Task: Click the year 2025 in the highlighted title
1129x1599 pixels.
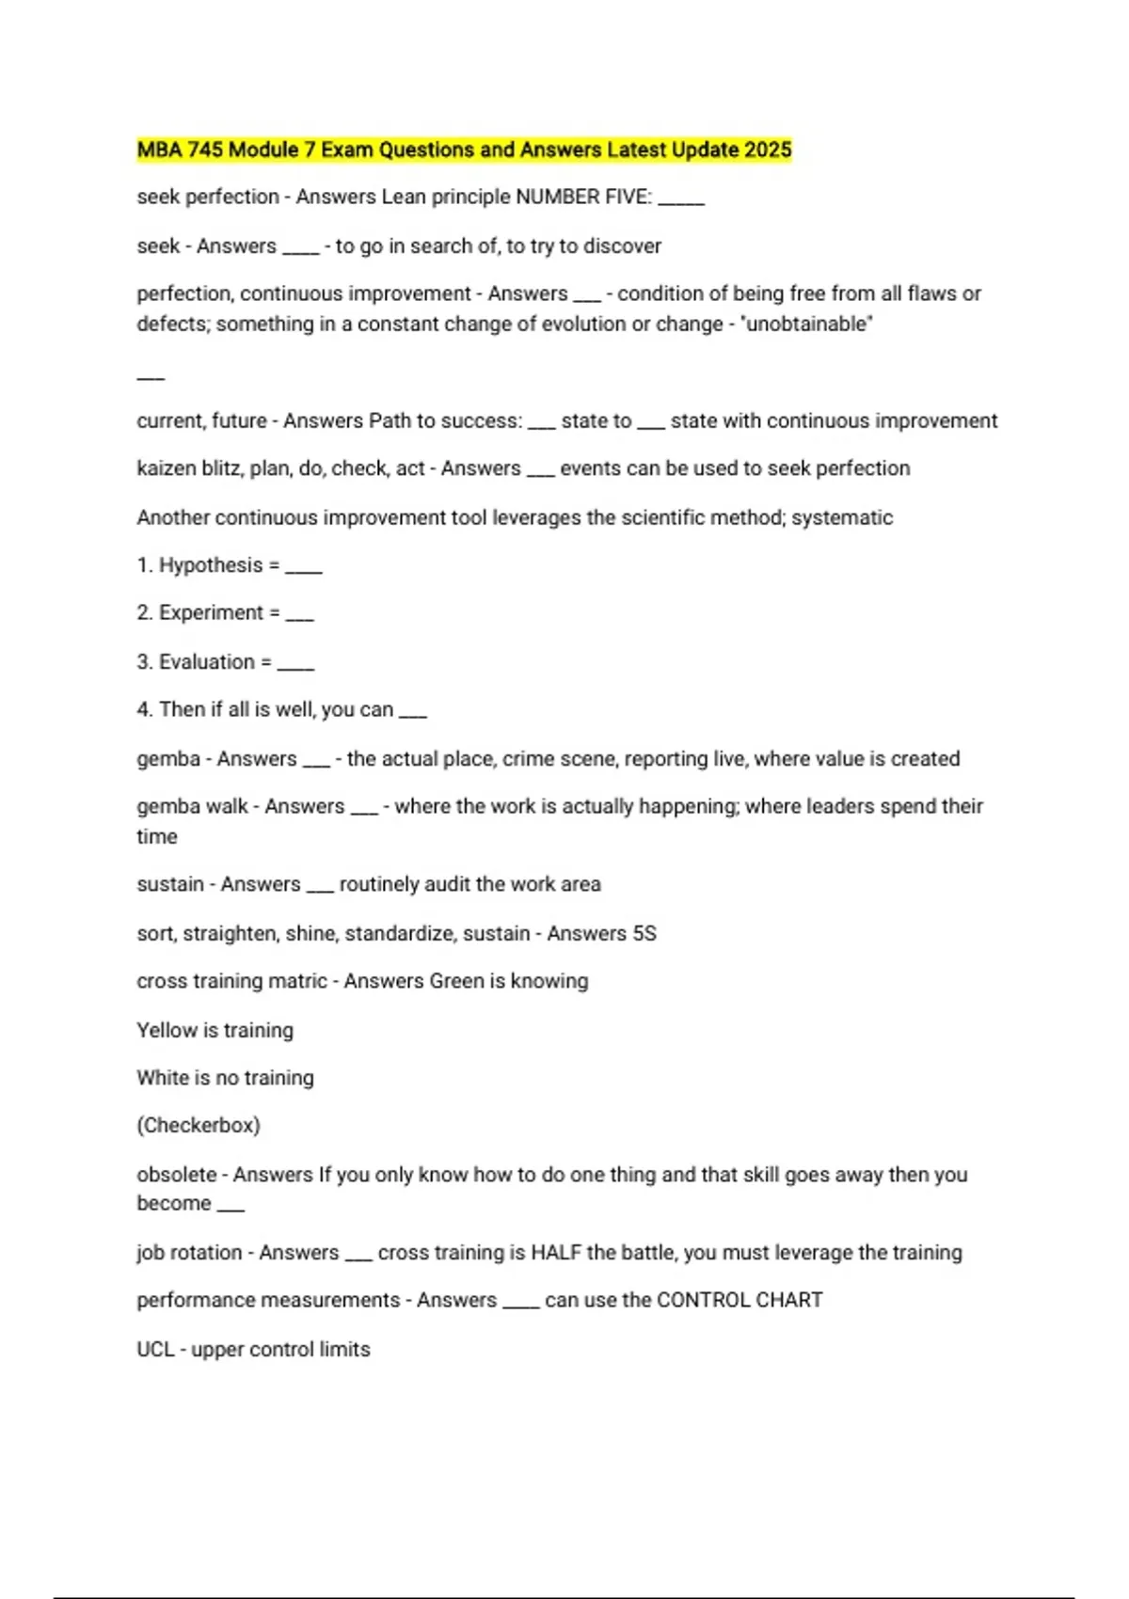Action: [x=768, y=150]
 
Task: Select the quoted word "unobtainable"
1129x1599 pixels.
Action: [x=808, y=325]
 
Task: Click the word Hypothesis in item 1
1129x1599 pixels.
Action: [x=211, y=565]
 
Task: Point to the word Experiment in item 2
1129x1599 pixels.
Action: [x=211, y=613]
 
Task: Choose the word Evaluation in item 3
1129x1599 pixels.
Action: [x=207, y=662]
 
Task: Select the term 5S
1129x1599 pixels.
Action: [x=644, y=934]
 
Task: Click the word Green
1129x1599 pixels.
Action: [x=455, y=981]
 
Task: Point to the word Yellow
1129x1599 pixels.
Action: [x=167, y=1031]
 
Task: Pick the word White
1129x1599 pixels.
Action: [x=163, y=1078]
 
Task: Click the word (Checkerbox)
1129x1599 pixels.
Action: [x=199, y=1126]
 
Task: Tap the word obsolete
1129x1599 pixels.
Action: [x=177, y=1175]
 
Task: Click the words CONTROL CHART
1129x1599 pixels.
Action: [x=739, y=1301]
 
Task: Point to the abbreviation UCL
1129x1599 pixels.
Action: [x=155, y=1350]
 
